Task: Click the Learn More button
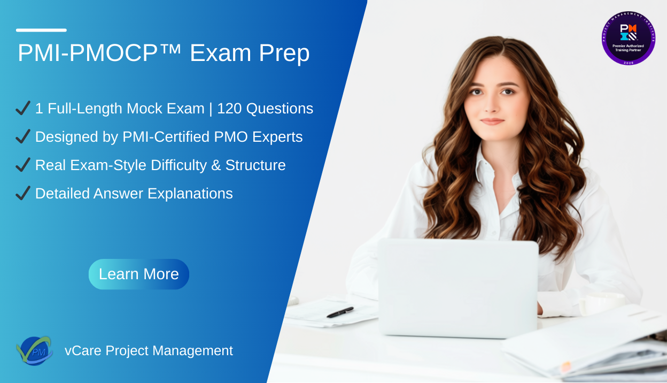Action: pyautogui.click(x=139, y=274)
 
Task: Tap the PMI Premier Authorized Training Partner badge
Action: pyautogui.click(x=628, y=38)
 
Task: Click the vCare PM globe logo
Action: pyautogui.click(x=34, y=351)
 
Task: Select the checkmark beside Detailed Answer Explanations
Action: pyautogui.click(x=23, y=194)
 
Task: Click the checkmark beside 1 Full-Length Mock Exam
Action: pyautogui.click(x=23, y=109)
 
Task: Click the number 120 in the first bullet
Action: pyautogui.click(x=229, y=109)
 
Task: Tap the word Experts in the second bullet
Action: pyautogui.click(x=277, y=137)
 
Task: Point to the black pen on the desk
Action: pyautogui.click(x=340, y=312)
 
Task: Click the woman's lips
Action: pyautogui.click(x=492, y=121)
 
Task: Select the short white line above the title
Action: pyautogui.click(x=41, y=30)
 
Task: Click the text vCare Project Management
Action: pyautogui.click(x=149, y=351)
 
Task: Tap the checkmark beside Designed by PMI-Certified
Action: pyautogui.click(x=23, y=137)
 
